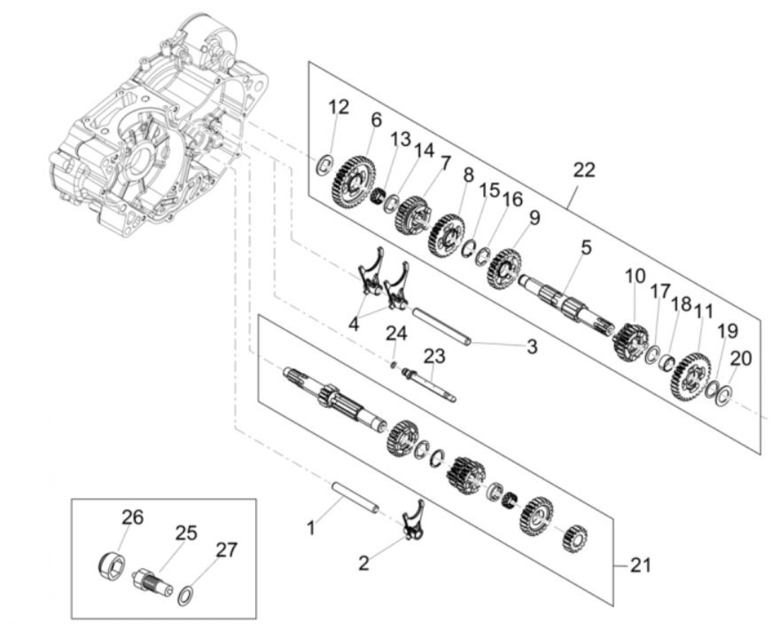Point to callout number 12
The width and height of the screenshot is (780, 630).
point(339,107)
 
